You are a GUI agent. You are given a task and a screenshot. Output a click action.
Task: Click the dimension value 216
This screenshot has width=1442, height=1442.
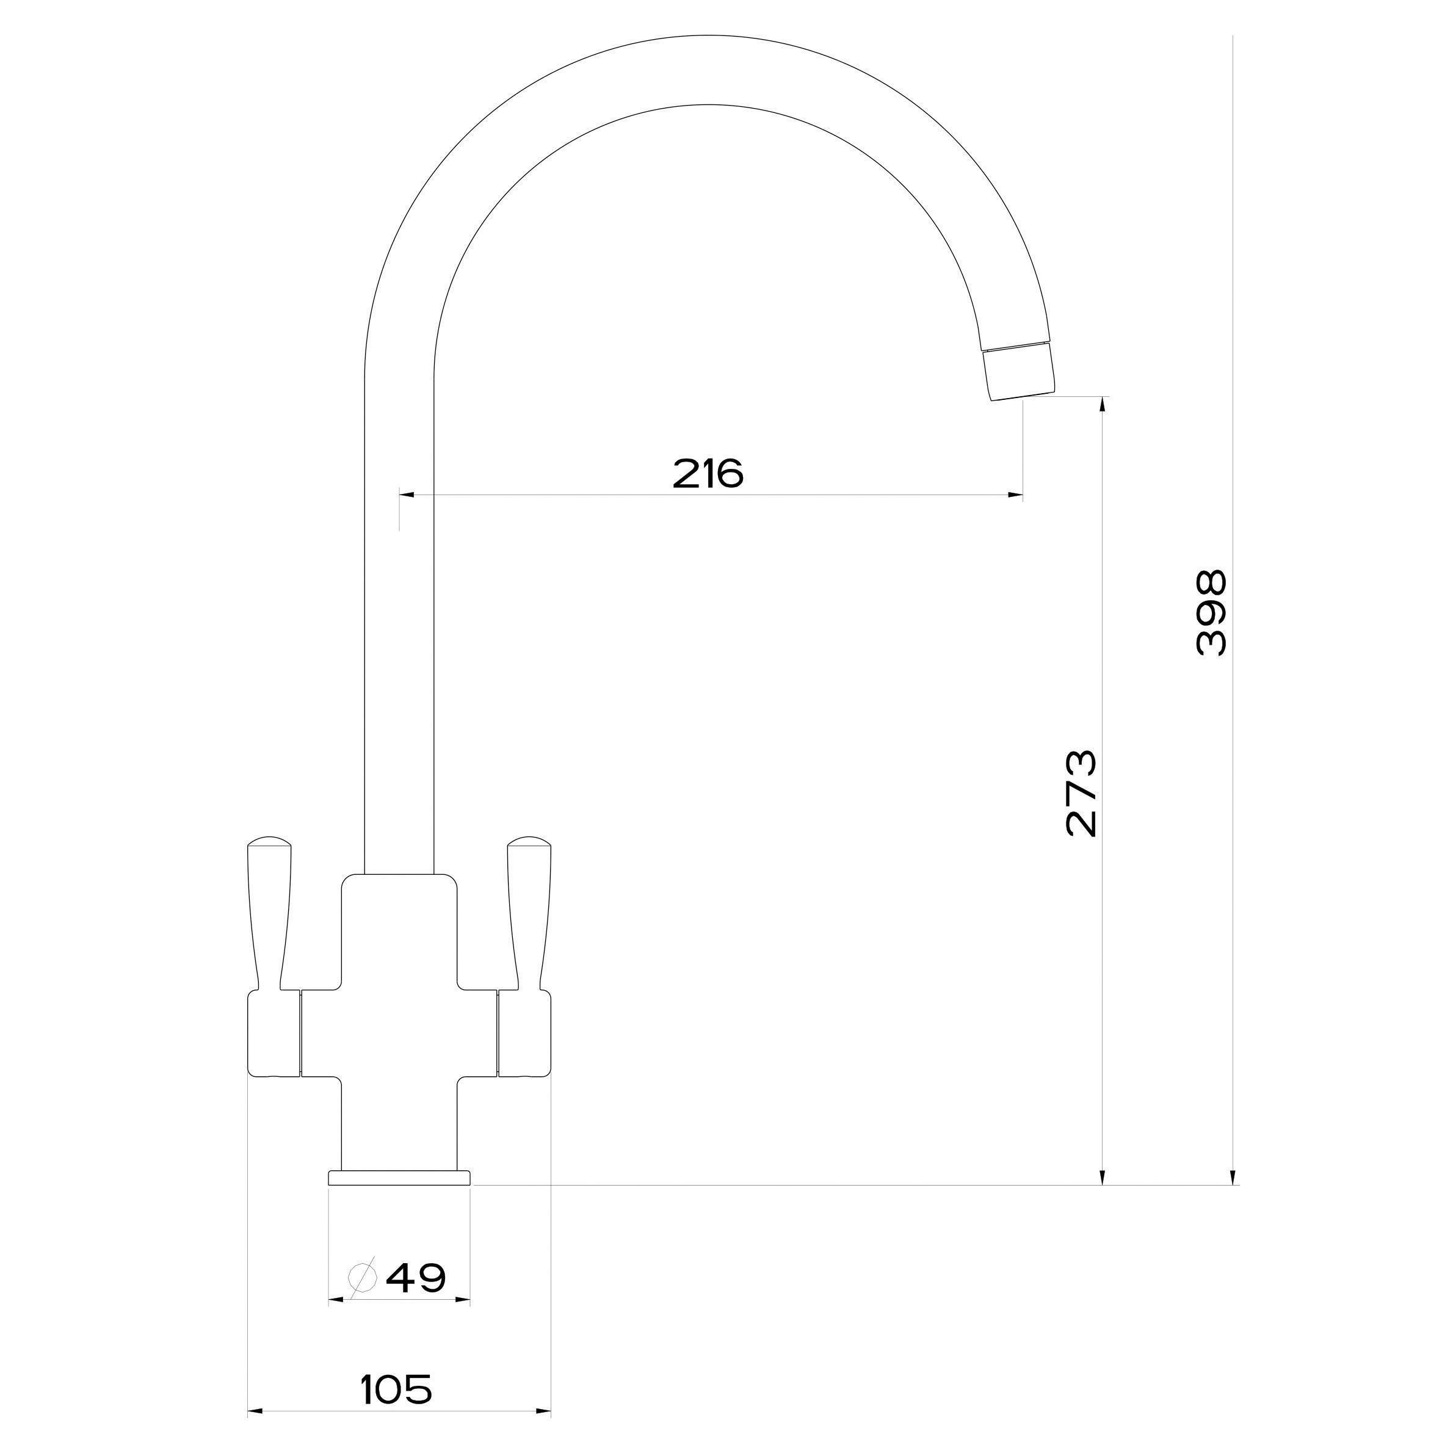tap(708, 473)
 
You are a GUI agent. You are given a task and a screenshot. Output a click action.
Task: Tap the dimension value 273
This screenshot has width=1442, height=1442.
tap(1082, 794)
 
